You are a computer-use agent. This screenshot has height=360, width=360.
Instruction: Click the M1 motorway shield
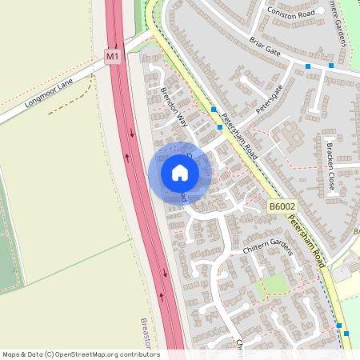112,57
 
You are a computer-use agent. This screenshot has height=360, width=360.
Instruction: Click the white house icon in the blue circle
180,172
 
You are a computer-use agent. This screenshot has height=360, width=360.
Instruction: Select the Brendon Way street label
173,108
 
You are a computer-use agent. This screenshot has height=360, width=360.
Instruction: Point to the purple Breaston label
145,331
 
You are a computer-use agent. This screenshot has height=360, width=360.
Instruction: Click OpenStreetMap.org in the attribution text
85,354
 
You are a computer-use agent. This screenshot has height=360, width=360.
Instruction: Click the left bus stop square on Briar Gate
308,65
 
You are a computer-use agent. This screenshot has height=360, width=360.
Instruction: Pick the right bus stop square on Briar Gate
331,65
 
